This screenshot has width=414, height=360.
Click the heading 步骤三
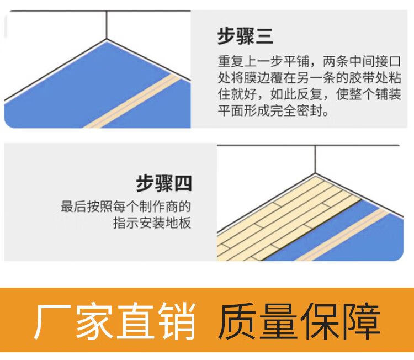(245, 36)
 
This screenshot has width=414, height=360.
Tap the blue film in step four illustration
(353, 243)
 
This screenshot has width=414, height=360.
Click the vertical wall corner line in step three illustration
(106, 25)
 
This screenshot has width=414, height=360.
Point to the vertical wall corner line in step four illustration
(316, 160)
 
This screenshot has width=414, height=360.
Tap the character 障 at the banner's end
(361, 322)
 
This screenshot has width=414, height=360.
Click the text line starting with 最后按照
(126, 208)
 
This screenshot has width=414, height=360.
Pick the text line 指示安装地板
(152, 223)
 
